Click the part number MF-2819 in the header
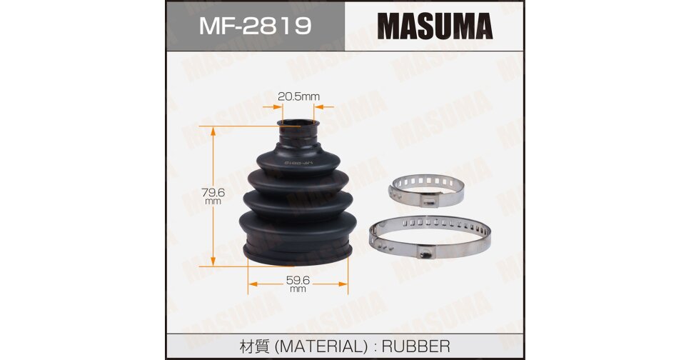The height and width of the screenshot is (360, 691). pos(255,26)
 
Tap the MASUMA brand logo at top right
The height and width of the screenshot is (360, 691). pos(435,26)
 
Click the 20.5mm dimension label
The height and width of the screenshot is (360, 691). pos(298,96)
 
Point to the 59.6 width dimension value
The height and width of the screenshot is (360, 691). pos(298,280)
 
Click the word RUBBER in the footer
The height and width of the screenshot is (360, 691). pos(416,346)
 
